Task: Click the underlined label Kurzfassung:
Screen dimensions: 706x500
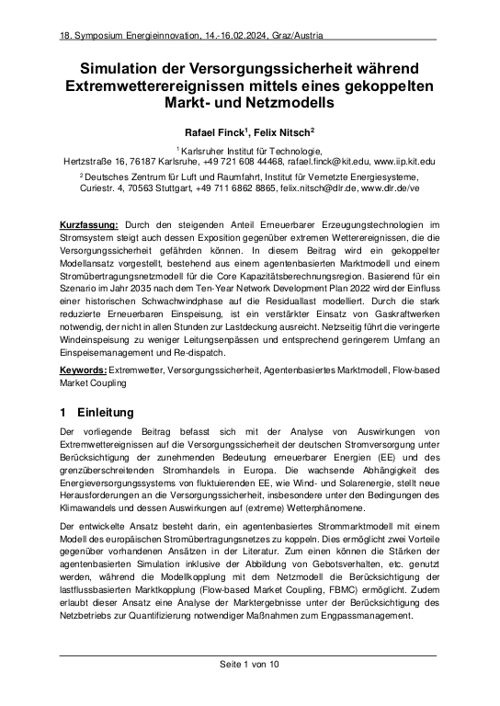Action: [x=88, y=225]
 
